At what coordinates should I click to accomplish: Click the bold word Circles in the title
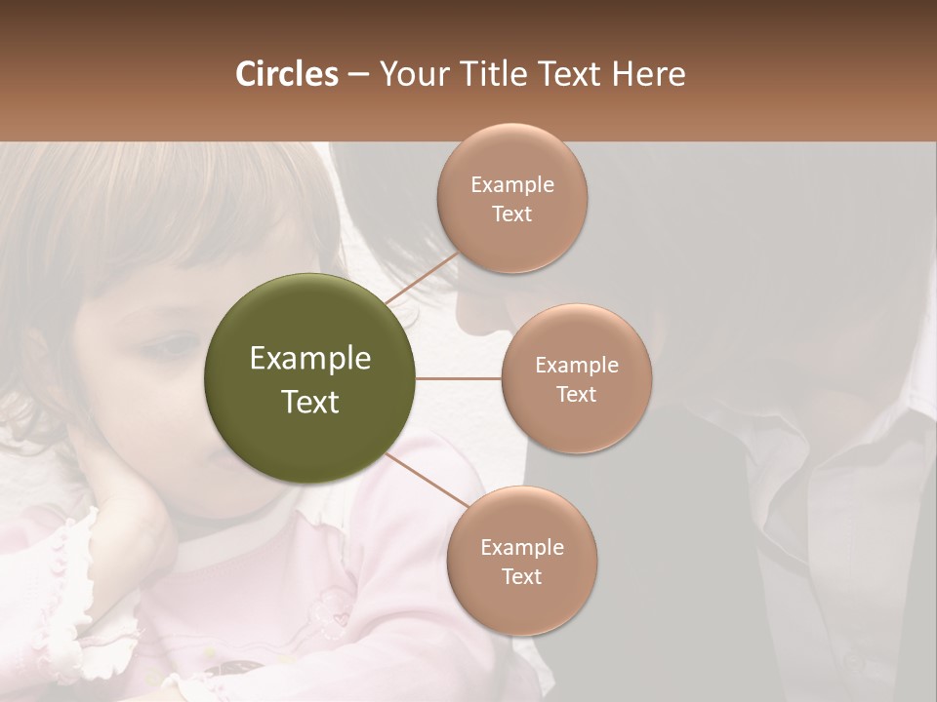pos(286,74)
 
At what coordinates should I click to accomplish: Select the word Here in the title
pos(649,74)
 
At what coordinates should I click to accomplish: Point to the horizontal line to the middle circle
pos(458,378)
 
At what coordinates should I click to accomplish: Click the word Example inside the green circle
pos(309,359)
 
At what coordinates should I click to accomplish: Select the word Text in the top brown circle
pos(511,214)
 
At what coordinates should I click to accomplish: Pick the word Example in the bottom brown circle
pos(521,548)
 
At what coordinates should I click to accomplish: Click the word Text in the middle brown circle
pos(576,395)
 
